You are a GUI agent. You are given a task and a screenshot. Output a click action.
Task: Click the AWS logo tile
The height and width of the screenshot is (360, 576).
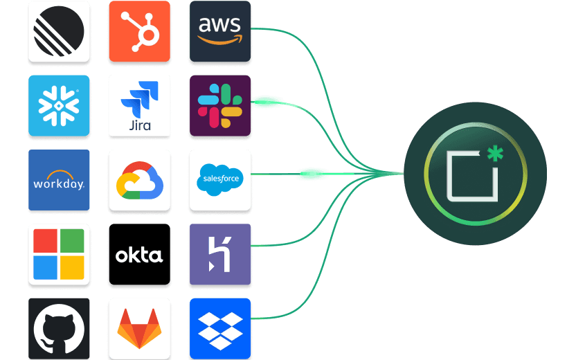tap(219, 31)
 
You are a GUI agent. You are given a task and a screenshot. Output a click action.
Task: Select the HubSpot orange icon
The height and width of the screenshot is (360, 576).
tap(139, 31)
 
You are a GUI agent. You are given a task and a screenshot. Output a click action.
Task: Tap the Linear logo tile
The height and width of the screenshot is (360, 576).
tap(59, 31)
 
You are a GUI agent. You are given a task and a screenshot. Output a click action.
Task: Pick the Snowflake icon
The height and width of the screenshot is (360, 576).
tap(59, 105)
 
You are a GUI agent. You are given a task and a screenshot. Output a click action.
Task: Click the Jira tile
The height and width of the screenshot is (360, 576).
tap(139, 105)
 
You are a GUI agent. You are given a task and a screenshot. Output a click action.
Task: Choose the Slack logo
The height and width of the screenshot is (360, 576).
tap(219, 105)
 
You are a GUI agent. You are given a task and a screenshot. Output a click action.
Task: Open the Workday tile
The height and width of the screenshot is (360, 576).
tap(59, 180)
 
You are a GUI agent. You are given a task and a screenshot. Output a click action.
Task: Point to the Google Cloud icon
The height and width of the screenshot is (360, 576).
tap(139, 180)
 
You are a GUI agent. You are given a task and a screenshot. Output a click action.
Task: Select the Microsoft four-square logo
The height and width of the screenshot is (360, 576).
tap(59, 254)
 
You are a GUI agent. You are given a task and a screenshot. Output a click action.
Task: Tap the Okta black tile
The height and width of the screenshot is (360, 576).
tap(139, 254)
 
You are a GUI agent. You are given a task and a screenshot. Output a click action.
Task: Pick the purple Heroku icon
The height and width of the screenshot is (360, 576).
tap(219, 254)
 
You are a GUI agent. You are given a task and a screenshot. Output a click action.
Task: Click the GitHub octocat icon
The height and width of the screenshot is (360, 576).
tap(59, 328)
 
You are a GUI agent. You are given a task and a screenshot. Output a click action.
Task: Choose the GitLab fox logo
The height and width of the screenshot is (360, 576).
tap(139, 328)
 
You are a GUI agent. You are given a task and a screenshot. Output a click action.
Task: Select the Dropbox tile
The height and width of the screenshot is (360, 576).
tap(219, 328)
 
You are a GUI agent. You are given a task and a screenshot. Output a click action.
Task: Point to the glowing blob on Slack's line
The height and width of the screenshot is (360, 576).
tap(267, 103)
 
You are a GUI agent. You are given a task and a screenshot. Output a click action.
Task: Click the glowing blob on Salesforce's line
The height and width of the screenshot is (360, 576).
tap(312, 173)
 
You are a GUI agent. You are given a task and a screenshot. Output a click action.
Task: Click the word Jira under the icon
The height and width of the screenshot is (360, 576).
tap(140, 126)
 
